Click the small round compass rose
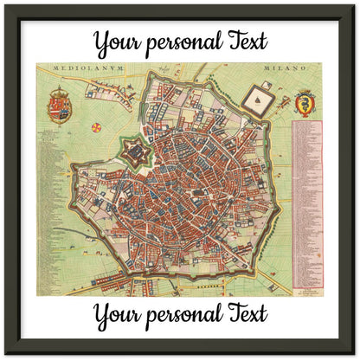point(95,128)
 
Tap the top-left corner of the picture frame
point(4,4)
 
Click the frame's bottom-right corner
point(355,355)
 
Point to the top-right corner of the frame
point(355,4)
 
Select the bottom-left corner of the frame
point(4,355)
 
